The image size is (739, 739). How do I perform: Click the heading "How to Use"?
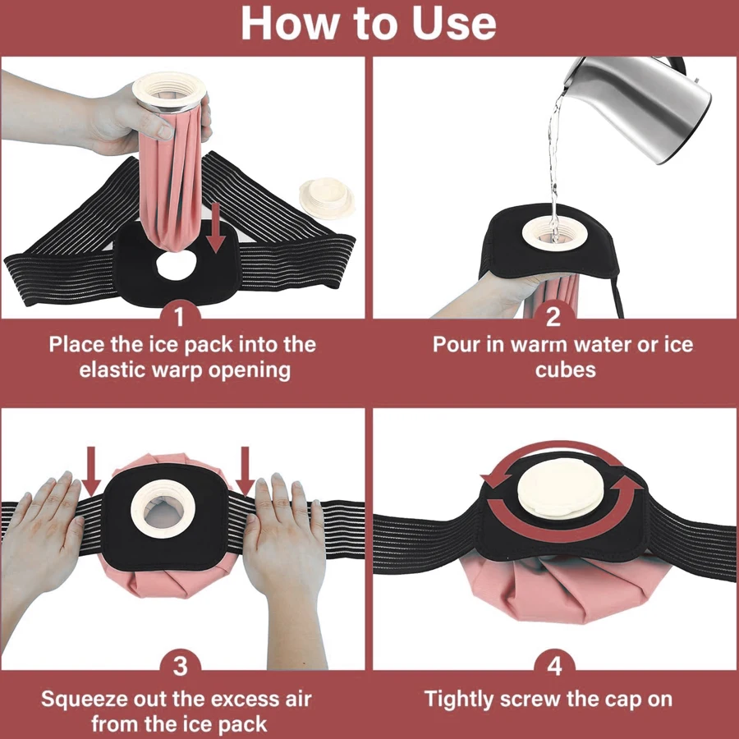click(x=369, y=25)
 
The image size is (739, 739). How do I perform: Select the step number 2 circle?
click(x=553, y=315)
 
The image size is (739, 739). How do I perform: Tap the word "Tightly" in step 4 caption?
click(x=461, y=700)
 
